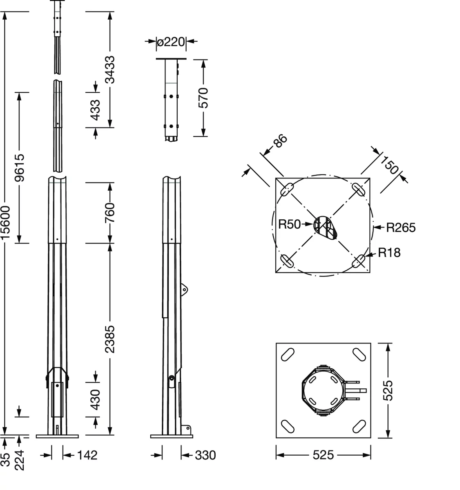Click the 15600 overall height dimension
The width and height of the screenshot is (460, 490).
click(5, 223)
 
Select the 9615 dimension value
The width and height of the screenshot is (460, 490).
click(20, 168)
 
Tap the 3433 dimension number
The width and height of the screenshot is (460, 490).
click(110, 69)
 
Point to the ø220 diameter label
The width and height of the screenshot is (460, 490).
click(171, 42)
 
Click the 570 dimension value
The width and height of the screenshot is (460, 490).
click(203, 98)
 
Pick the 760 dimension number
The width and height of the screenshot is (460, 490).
click(110, 213)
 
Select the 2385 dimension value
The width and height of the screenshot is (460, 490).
click(110, 339)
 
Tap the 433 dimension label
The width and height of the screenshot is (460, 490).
click(95, 110)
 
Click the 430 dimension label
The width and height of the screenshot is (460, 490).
click(95, 400)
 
